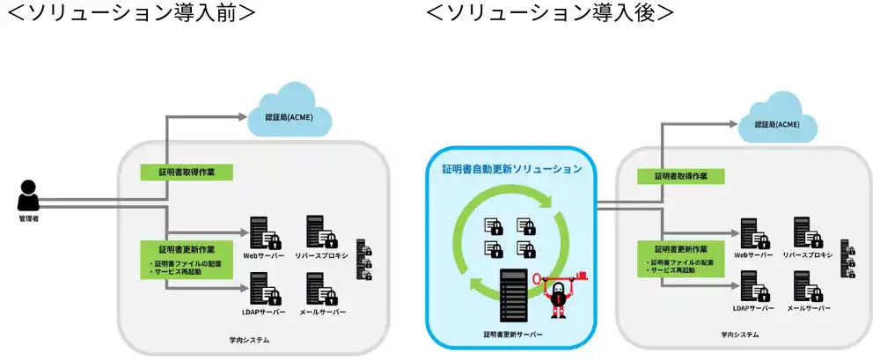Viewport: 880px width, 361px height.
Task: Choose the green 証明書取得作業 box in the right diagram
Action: (x=680, y=176)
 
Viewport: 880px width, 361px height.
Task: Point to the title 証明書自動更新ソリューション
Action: (x=511, y=168)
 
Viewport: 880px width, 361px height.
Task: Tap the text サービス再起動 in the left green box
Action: (x=180, y=273)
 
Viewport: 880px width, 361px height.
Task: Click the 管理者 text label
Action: (x=29, y=218)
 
